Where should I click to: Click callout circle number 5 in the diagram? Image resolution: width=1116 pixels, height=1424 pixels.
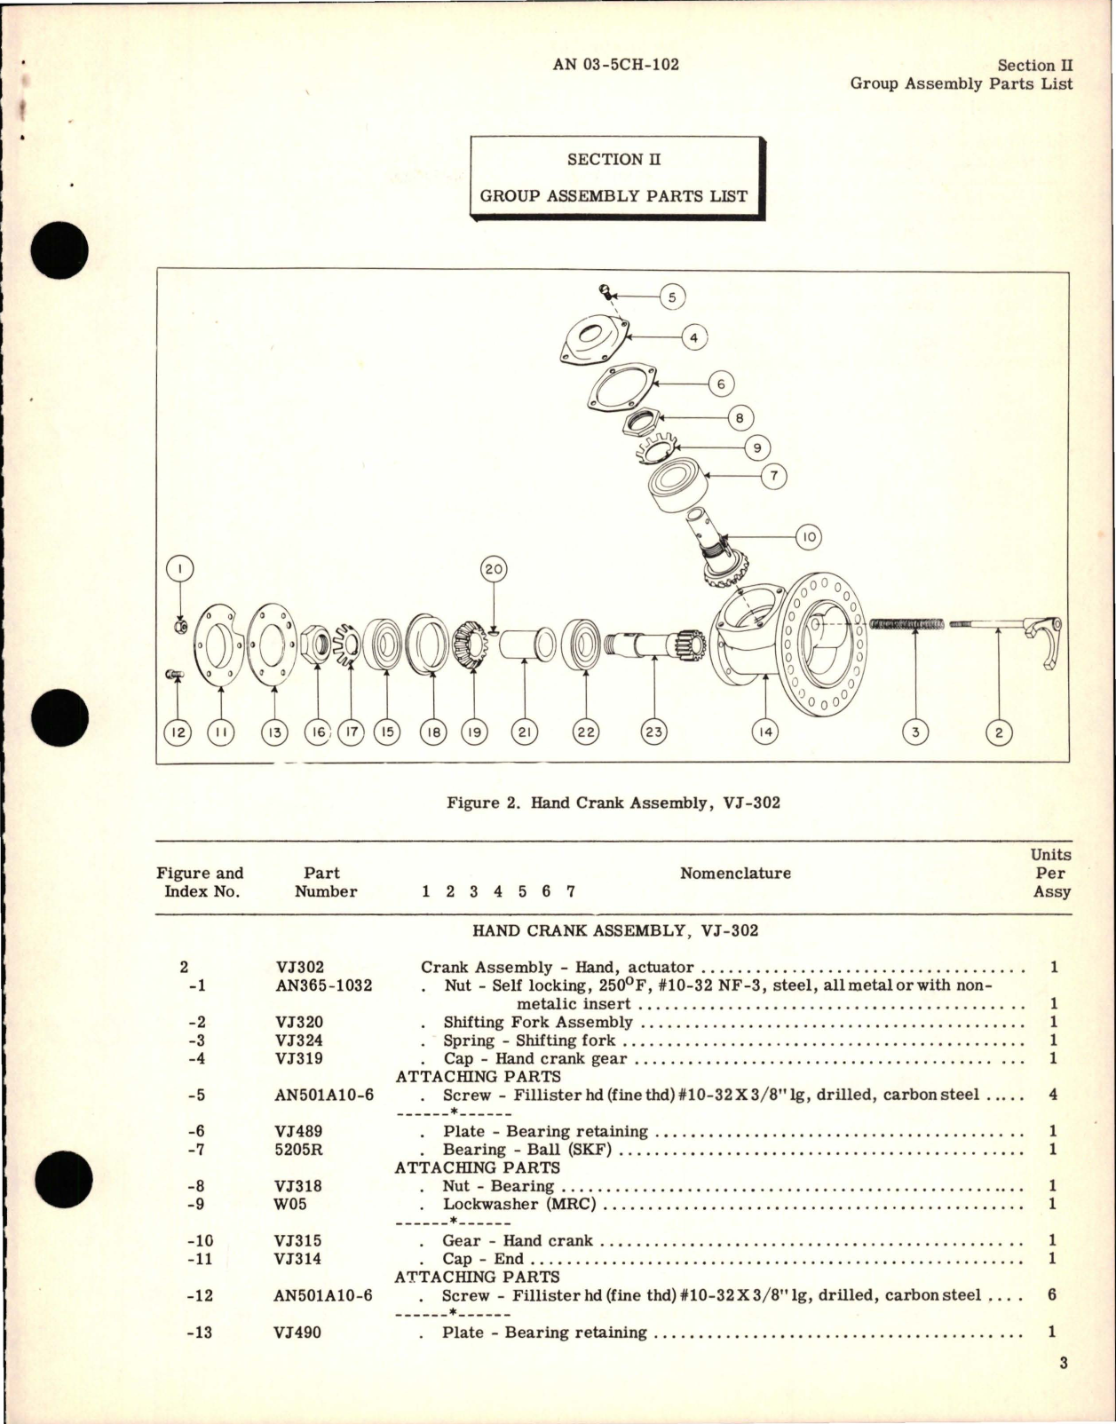672,297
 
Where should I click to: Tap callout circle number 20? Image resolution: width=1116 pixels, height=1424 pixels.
494,570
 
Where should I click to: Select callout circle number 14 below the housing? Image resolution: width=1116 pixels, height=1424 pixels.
764,732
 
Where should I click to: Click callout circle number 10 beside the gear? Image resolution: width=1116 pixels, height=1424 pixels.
809,537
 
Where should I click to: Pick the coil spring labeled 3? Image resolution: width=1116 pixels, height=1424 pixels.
906,625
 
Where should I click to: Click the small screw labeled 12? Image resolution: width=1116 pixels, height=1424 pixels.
174,676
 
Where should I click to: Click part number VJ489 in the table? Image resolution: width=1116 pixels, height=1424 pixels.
299,1131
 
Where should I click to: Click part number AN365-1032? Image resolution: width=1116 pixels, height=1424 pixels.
323,985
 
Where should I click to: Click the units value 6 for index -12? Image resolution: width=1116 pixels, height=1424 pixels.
1052,1295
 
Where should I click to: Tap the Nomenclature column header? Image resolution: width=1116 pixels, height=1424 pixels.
735,874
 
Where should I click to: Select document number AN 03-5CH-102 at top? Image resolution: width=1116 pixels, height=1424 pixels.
615,65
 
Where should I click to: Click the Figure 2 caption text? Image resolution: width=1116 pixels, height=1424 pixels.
613,803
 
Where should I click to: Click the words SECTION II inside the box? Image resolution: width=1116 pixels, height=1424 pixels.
614,160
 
